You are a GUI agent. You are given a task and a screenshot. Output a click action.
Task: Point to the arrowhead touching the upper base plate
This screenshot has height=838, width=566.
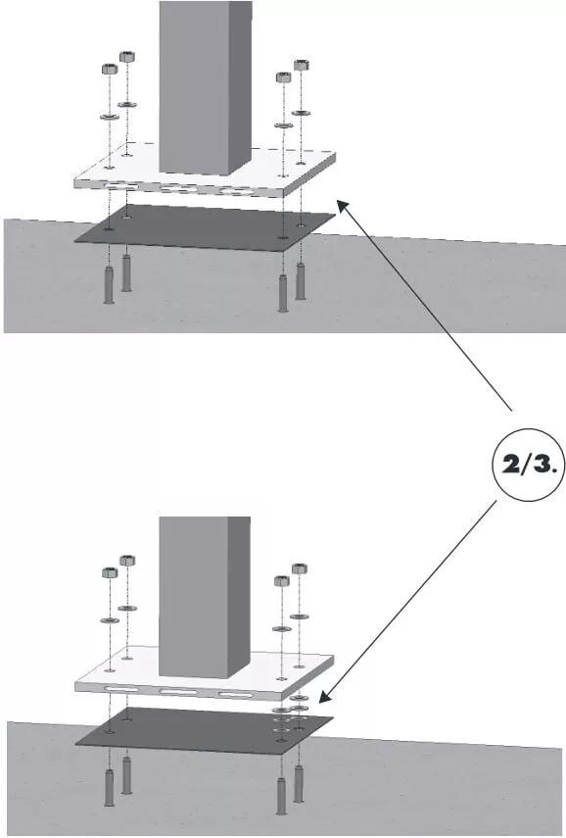340,203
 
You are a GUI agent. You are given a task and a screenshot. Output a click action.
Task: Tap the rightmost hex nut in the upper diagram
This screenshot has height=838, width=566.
301,67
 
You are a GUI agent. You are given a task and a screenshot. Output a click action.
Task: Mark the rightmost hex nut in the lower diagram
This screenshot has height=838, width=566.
300,568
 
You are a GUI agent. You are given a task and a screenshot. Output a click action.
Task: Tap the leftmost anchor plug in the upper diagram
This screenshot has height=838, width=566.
109,285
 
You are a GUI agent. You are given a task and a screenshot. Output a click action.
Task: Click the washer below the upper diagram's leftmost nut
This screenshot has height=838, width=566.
110,117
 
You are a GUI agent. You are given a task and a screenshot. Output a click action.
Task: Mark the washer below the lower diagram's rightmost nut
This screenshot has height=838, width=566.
300,616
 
